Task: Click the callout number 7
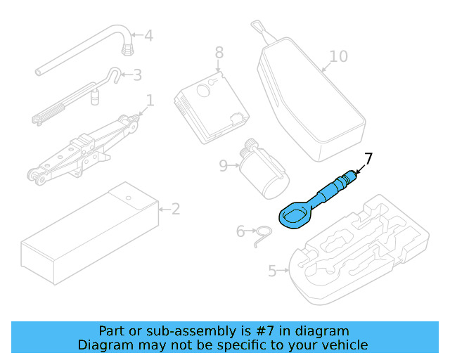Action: [368, 158]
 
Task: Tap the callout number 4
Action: [148, 35]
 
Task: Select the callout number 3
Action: [137, 75]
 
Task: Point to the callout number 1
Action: [149, 99]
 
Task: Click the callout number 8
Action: [219, 52]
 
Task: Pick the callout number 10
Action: [338, 56]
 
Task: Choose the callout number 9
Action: [224, 165]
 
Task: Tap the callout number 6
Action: [240, 231]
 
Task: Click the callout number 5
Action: [273, 270]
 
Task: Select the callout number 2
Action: [175, 209]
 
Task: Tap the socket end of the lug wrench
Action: [127, 48]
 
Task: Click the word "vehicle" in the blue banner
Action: [340, 345]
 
